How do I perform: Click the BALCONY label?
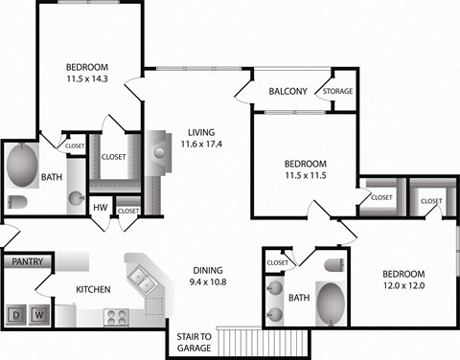287,92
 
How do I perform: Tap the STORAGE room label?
338,92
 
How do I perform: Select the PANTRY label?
22,260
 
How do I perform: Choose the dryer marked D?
17,314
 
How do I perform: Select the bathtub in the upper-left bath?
21,165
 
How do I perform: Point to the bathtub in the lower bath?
332,302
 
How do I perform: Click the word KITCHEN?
94,290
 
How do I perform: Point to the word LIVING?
201,132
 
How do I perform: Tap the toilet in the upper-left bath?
17,202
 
